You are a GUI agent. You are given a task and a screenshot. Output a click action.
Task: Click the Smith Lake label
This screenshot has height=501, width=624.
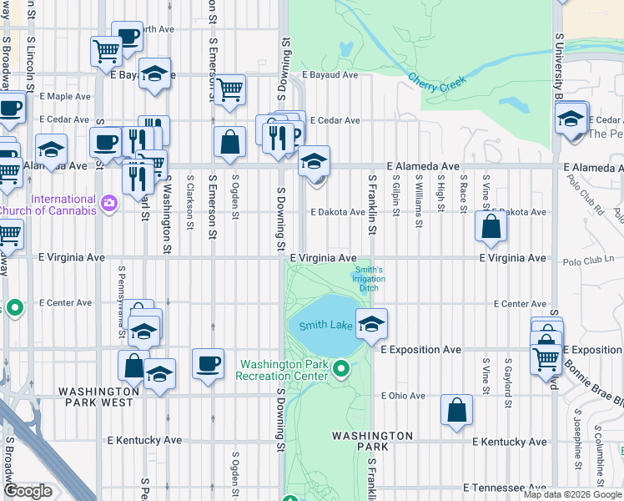[326, 325]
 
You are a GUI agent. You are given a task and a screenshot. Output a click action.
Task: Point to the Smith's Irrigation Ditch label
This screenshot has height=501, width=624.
[368, 279]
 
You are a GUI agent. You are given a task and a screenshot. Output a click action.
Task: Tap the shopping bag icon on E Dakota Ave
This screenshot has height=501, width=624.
[491, 226]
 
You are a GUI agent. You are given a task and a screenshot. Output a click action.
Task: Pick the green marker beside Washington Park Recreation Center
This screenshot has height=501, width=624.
[340, 368]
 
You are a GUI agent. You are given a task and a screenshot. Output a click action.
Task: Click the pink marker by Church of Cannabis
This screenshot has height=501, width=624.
[108, 204]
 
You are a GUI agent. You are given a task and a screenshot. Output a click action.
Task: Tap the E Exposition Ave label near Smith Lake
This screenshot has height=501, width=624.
[421, 349]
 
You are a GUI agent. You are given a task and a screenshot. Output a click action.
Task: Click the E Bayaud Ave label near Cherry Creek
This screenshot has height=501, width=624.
[330, 75]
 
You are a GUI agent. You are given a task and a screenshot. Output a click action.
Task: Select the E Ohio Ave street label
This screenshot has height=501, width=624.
[403, 396]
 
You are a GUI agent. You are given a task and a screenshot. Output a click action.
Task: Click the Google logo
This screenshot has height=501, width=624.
[28, 491]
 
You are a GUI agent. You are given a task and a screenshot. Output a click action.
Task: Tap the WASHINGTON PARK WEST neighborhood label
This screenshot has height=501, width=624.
[99, 397]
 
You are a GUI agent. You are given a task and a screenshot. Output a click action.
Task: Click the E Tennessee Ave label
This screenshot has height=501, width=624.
[505, 488]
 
